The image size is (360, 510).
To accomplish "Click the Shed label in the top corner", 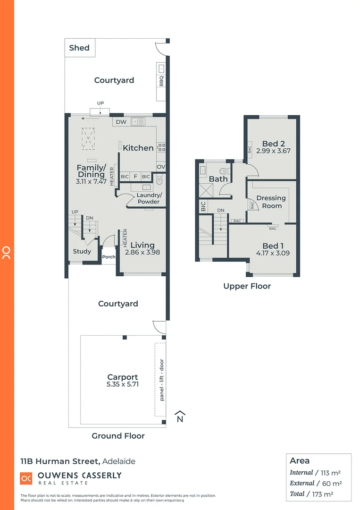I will (x=79, y=48).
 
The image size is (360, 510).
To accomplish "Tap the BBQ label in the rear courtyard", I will (x=161, y=81).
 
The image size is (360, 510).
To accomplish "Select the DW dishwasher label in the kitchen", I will (x=121, y=122).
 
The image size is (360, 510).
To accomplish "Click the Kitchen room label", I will (x=138, y=148).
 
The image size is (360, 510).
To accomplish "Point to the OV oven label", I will (x=160, y=167).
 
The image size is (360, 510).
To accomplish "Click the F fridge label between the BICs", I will (x=135, y=177).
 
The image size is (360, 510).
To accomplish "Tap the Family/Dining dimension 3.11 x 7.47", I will (x=91, y=181).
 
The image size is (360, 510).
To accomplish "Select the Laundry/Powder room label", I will (x=148, y=198).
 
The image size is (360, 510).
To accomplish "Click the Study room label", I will (x=82, y=251).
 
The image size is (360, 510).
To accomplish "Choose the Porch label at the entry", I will (x=109, y=257).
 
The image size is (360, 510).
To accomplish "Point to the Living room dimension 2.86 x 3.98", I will (x=142, y=252).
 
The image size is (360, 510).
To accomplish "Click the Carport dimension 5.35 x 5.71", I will (x=123, y=384).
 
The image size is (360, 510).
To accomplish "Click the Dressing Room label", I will (x=271, y=202).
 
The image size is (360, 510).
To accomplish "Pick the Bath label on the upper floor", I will (x=218, y=179).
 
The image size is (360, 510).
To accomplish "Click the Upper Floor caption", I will (x=247, y=286).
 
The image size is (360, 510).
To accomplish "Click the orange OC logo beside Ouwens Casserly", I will (x=26, y=478).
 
